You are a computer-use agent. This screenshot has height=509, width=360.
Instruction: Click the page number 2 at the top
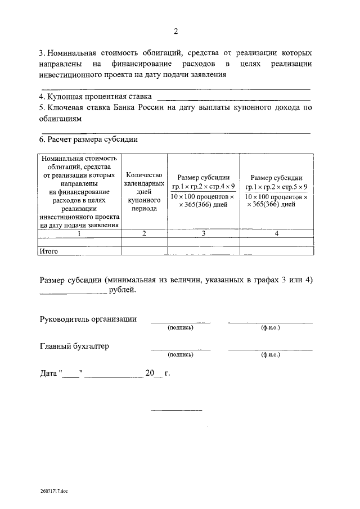pos(176,30)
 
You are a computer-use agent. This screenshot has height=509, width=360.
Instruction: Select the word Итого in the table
pos(48,251)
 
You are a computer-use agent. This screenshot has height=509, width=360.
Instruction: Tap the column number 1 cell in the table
pos(79,233)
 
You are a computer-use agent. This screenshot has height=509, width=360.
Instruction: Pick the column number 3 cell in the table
pos(204,233)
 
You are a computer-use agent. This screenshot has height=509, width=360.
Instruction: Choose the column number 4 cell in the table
pos(276,233)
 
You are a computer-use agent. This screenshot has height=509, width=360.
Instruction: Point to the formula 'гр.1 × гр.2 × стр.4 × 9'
pos(204,186)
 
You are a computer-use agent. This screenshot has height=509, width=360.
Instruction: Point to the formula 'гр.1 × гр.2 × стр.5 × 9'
pos(276,186)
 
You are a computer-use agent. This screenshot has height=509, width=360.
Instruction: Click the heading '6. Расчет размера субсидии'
pos(88,139)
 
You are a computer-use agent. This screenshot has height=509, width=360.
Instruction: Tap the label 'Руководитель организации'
pos(88,319)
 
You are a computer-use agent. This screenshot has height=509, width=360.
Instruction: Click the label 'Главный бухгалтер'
pos(74,346)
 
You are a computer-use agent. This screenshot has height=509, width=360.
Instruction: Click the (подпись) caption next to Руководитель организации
pos(180,327)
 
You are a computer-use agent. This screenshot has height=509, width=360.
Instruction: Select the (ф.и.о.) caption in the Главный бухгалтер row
pos(271,355)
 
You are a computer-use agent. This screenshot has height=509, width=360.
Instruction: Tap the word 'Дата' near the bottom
pos(48,373)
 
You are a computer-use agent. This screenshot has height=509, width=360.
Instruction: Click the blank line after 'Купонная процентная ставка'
pos(232,100)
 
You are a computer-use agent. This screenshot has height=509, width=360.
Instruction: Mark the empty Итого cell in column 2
pos(145,251)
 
